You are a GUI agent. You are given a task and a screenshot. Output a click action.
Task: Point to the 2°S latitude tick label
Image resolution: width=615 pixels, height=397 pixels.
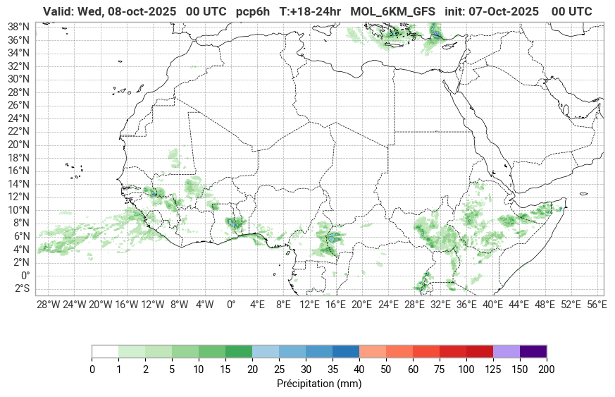point(23,289)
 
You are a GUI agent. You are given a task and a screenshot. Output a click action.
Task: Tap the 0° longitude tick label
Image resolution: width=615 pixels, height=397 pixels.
point(231,305)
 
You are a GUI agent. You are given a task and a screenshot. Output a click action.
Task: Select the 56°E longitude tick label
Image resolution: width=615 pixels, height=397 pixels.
point(597,305)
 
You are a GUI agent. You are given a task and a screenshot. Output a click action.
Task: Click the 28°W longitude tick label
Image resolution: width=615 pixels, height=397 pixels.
point(48,305)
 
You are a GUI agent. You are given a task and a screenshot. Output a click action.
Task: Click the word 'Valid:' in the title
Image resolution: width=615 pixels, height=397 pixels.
point(58,12)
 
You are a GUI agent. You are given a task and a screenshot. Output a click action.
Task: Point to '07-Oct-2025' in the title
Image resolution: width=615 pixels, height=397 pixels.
point(506,12)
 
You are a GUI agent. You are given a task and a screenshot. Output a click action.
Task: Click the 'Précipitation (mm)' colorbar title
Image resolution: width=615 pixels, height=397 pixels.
point(319,384)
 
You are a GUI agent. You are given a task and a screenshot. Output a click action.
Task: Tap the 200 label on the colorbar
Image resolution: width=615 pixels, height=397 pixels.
point(547,369)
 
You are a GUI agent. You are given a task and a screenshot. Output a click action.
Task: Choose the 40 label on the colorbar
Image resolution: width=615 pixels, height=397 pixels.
point(359,369)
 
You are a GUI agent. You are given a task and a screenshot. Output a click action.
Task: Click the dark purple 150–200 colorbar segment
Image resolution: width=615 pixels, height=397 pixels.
point(533,351)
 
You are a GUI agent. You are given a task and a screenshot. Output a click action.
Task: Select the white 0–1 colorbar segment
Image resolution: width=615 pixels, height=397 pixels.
point(105,351)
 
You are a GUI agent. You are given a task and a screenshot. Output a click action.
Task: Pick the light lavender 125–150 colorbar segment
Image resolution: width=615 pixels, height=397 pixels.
point(507,351)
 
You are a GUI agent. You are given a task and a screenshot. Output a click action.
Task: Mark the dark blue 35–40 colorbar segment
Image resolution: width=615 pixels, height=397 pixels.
point(346,351)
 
